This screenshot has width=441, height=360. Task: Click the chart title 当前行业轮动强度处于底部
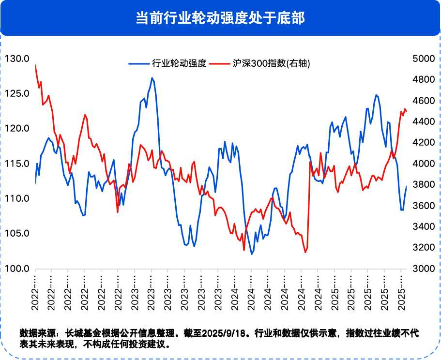[x=220, y=18]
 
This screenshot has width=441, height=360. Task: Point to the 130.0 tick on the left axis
[x=17, y=59]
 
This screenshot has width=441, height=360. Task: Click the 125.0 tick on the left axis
[x=17, y=93]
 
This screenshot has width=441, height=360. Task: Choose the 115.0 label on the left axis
[x=17, y=164]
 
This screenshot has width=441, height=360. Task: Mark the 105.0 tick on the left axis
[x=17, y=234]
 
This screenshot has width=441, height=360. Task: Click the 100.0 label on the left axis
[x=17, y=269]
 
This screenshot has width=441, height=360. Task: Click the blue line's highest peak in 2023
[x=152, y=78]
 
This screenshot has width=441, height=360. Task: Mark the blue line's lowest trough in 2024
[x=252, y=254]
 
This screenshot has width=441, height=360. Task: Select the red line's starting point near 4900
[x=36, y=65]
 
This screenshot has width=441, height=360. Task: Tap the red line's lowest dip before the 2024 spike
[x=305, y=252]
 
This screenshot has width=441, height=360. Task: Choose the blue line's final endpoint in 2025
[x=406, y=186]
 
